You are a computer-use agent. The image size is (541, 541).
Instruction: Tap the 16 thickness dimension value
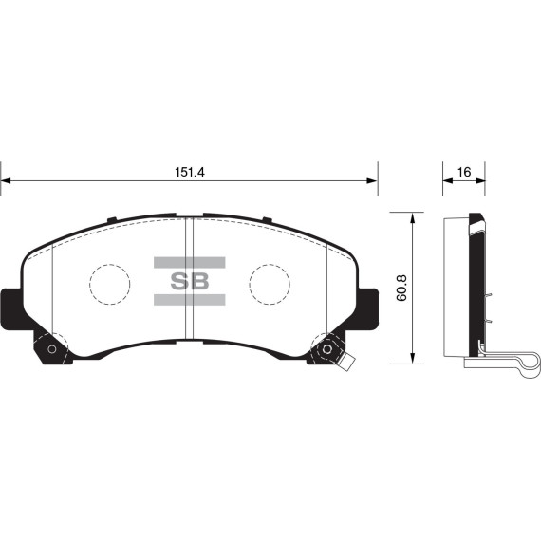tap(464, 172)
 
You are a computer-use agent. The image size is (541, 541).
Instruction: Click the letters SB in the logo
tap(188, 282)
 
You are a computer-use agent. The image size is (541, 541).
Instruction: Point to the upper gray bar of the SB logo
tap(188, 262)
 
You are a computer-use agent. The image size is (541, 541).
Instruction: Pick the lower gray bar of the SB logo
tap(188, 301)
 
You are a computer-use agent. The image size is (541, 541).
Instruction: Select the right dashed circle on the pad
tap(269, 282)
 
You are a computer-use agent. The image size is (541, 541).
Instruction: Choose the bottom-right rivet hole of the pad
tap(327, 348)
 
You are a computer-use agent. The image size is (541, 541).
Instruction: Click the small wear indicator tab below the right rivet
tap(347, 363)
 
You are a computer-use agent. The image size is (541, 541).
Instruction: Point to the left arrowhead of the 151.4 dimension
tap(5, 180)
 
